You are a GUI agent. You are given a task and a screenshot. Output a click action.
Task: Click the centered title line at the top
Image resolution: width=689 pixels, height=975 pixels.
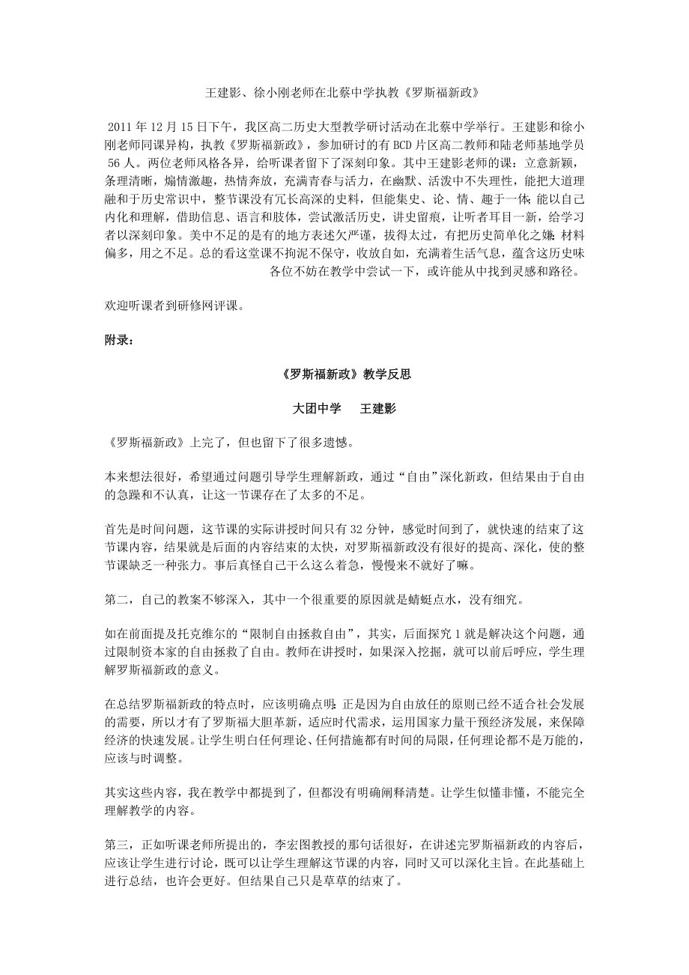[x=342, y=94]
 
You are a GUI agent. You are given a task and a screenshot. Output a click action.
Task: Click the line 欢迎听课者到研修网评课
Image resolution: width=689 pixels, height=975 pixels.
[x=175, y=306]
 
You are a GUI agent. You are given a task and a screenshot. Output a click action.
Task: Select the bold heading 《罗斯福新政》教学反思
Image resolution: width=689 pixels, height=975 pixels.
[x=344, y=374]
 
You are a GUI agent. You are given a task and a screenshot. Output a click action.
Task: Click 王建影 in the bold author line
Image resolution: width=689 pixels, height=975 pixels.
[x=378, y=409]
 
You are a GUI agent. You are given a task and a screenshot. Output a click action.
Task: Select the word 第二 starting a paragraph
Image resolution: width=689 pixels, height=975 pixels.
[x=116, y=599]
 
